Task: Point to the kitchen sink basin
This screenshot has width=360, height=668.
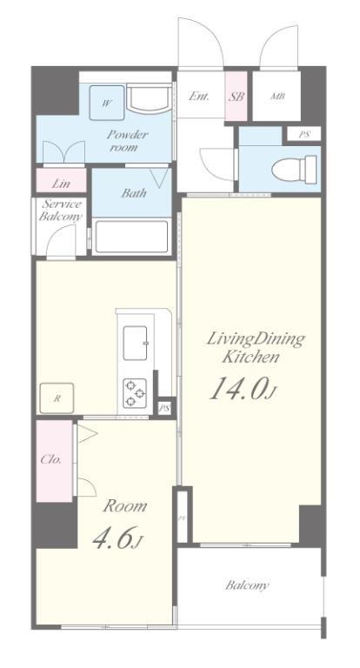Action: point(137,342)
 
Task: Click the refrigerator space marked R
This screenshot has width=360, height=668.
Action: point(57,399)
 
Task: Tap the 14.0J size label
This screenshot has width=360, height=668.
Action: point(243,389)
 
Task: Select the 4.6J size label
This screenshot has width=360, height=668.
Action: point(117,539)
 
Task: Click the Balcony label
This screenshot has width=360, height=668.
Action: point(248,585)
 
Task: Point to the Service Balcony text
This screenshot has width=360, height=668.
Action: point(61,210)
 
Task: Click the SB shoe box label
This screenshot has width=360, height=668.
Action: point(237,97)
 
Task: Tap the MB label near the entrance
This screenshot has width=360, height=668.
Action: point(277,97)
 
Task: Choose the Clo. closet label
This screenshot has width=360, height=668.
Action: point(51,459)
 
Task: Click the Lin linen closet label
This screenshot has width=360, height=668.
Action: point(60,184)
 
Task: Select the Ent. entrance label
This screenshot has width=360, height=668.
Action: point(199,97)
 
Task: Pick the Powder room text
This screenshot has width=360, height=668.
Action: point(128,141)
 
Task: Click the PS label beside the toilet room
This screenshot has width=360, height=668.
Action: point(303,135)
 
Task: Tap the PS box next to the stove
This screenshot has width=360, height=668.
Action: point(163,407)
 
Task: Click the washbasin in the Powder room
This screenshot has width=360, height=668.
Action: point(145,103)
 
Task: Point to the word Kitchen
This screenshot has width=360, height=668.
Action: point(251,357)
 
